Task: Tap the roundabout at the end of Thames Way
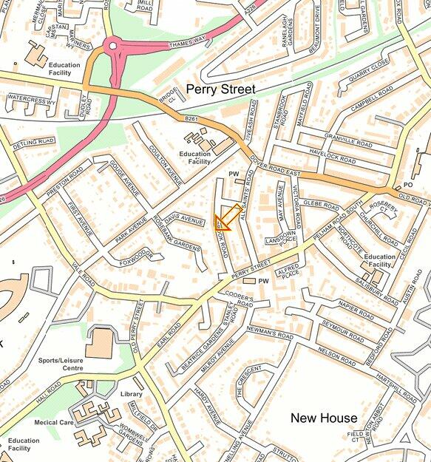113,46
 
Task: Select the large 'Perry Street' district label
220,89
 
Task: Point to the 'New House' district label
324,418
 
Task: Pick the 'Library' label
132,394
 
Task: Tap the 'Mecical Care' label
54,423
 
